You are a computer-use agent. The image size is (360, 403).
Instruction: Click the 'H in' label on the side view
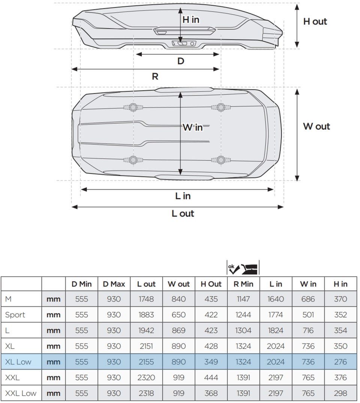191,19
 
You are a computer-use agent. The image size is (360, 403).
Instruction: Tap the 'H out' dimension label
315,21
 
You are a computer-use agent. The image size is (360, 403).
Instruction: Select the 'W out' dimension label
316,126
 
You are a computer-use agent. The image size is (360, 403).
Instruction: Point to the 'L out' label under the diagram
183,213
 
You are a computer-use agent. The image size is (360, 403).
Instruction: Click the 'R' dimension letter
155,76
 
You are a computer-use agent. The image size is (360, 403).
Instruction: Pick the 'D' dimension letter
181,61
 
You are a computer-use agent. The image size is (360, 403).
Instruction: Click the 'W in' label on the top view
193,127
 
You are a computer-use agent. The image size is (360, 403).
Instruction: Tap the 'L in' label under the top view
183,196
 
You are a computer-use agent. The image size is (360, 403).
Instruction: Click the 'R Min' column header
243,284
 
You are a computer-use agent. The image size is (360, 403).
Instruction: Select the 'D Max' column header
114,284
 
